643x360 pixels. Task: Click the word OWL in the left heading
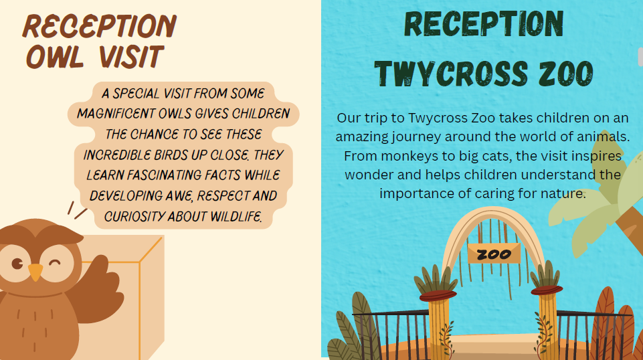55,57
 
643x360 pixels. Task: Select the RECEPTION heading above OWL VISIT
100,27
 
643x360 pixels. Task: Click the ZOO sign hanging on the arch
494,254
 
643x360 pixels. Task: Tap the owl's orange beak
35,272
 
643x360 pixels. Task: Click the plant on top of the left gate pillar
436,280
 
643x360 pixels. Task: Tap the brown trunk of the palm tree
630,223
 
